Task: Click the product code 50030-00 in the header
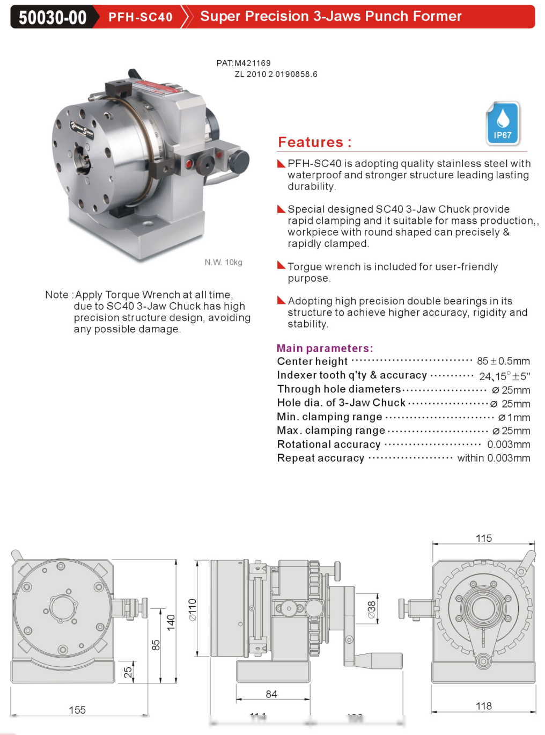(53, 17)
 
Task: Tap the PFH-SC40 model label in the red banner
(141, 17)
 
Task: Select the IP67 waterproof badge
(503, 123)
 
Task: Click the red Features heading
(314, 142)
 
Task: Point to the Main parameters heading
(325, 348)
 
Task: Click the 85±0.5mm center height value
(503, 361)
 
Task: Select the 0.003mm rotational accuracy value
(509, 445)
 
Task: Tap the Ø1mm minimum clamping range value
(514, 417)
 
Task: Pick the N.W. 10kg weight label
(223, 262)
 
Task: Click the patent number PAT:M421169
(244, 63)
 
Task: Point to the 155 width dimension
(77, 710)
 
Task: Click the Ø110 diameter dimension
(193, 610)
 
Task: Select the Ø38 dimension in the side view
(372, 609)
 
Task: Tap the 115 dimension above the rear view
(484, 538)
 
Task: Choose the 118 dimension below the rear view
(484, 706)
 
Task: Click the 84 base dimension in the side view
(271, 694)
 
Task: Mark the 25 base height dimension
(128, 672)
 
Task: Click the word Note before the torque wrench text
(57, 295)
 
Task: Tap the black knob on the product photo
(239, 161)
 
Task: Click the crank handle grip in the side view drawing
(378, 660)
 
